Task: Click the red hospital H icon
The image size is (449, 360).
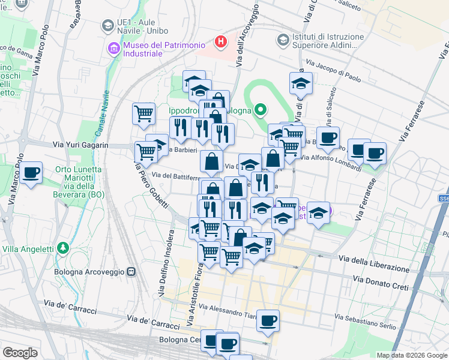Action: pyautogui.click(x=221, y=42)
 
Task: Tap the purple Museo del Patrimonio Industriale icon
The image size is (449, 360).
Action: pyautogui.click(x=113, y=48)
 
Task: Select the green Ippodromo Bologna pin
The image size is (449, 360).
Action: pyautogui.click(x=260, y=110)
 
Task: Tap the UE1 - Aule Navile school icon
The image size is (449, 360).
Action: pyautogui.click(x=107, y=25)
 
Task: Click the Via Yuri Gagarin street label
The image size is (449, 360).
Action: pyautogui.click(x=80, y=145)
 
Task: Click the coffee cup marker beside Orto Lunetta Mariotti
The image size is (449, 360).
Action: pyautogui.click(x=31, y=173)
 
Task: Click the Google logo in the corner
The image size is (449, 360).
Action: pyautogui.click(x=20, y=353)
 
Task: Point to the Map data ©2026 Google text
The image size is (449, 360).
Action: pyautogui.click(x=411, y=355)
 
